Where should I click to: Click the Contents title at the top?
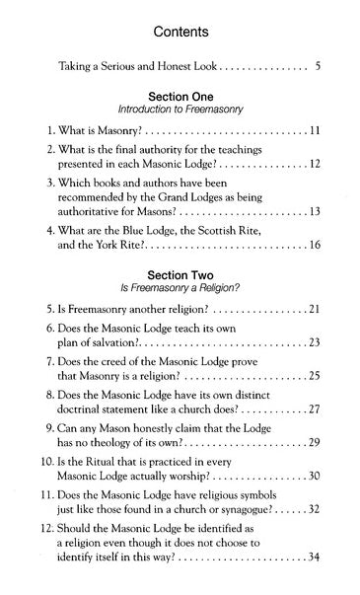(180, 33)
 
